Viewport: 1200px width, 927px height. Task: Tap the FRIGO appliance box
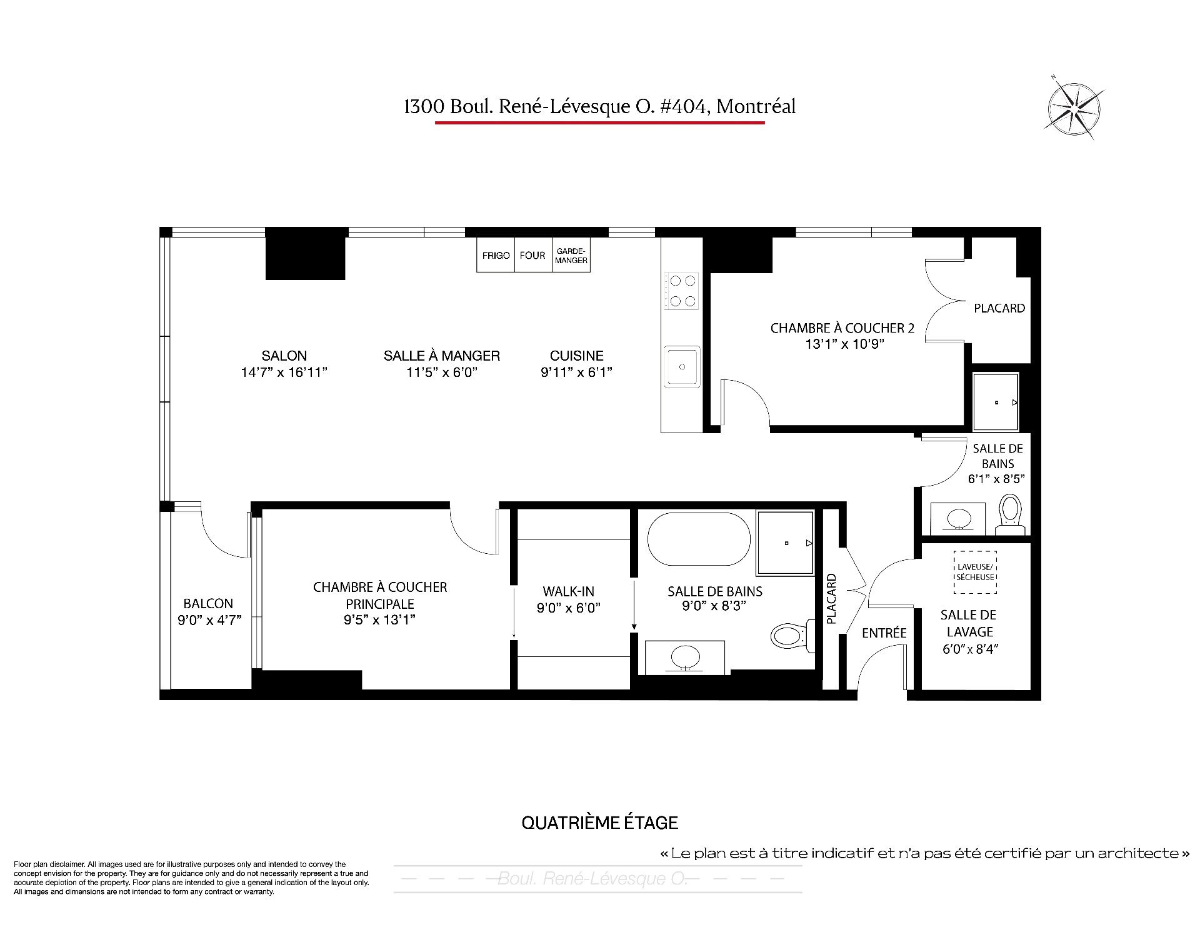pyautogui.click(x=496, y=255)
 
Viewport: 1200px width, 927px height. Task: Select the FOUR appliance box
pyautogui.click(x=532, y=255)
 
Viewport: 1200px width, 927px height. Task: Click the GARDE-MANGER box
pyautogui.click(x=571, y=255)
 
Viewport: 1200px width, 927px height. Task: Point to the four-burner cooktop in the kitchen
pyautogui.click(x=681, y=291)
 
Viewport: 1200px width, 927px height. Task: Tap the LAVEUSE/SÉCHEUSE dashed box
pyautogui.click(x=975, y=572)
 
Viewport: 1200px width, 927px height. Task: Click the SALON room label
pyautogui.click(x=284, y=356)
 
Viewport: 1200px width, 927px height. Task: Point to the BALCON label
pyautogui.click(x=208, y=604)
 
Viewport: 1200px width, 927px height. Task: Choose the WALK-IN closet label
pyautogui.click(x=568, y=591)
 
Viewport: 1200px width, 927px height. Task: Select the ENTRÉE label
pyautogui.click(x=884, y=633)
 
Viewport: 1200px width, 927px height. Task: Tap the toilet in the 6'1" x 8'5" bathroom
pyautogui.click(x=1010, y=515)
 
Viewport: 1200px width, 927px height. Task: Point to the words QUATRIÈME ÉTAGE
pyautogui.click(x=600, y=823)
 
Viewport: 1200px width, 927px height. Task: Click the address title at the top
pyautogui.click(x=600, y=107)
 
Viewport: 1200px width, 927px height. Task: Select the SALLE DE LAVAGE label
pyautogui.click(x=969, y=623)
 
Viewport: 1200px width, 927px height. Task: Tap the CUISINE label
pyautogui.click(x=576, y=356)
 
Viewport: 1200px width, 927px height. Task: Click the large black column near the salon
pyautogui.click(x=306, y=253)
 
